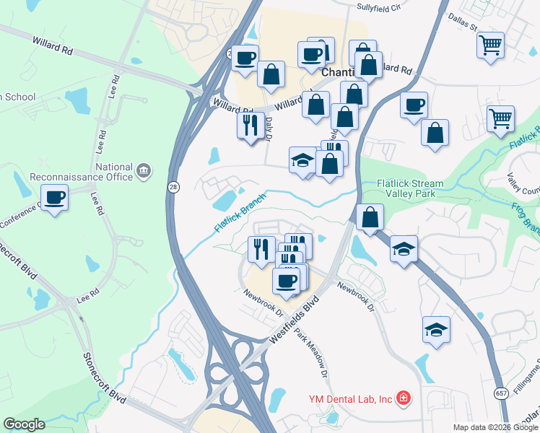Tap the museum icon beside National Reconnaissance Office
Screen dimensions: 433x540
coord(144,171)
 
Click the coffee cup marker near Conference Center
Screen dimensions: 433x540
coord(55,196)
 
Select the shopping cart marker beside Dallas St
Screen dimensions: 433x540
coord(490,45)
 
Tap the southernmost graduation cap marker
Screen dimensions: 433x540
coord(436,329)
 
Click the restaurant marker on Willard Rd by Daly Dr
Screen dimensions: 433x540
coord(251,125)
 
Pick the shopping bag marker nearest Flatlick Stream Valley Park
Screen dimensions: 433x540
coord(369,216)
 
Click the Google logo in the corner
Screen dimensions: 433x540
coord(24,424)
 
